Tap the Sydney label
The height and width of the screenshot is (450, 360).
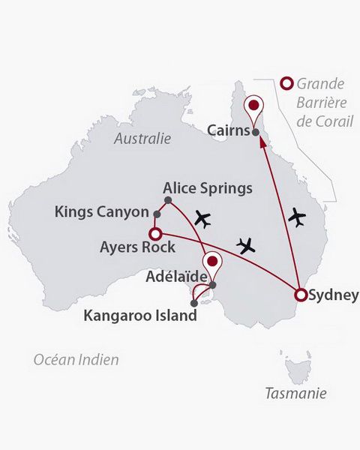click(334, 295)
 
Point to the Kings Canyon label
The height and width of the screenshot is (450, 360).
click(102, 212)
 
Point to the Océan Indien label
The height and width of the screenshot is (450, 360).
click(76, 360)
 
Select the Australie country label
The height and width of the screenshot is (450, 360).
click(142, 139)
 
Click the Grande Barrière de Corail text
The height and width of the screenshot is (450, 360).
click(324, 101)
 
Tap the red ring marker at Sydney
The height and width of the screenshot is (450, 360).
click(301, 295)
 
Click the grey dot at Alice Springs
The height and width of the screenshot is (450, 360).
click(168, 200)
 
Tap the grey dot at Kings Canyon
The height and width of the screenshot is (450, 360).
click(157, 214)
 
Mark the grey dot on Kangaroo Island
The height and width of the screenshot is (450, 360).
click(195, 304)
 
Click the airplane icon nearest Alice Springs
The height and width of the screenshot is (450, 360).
click(202, 219)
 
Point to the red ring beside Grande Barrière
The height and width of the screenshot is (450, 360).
click(285, 83)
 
